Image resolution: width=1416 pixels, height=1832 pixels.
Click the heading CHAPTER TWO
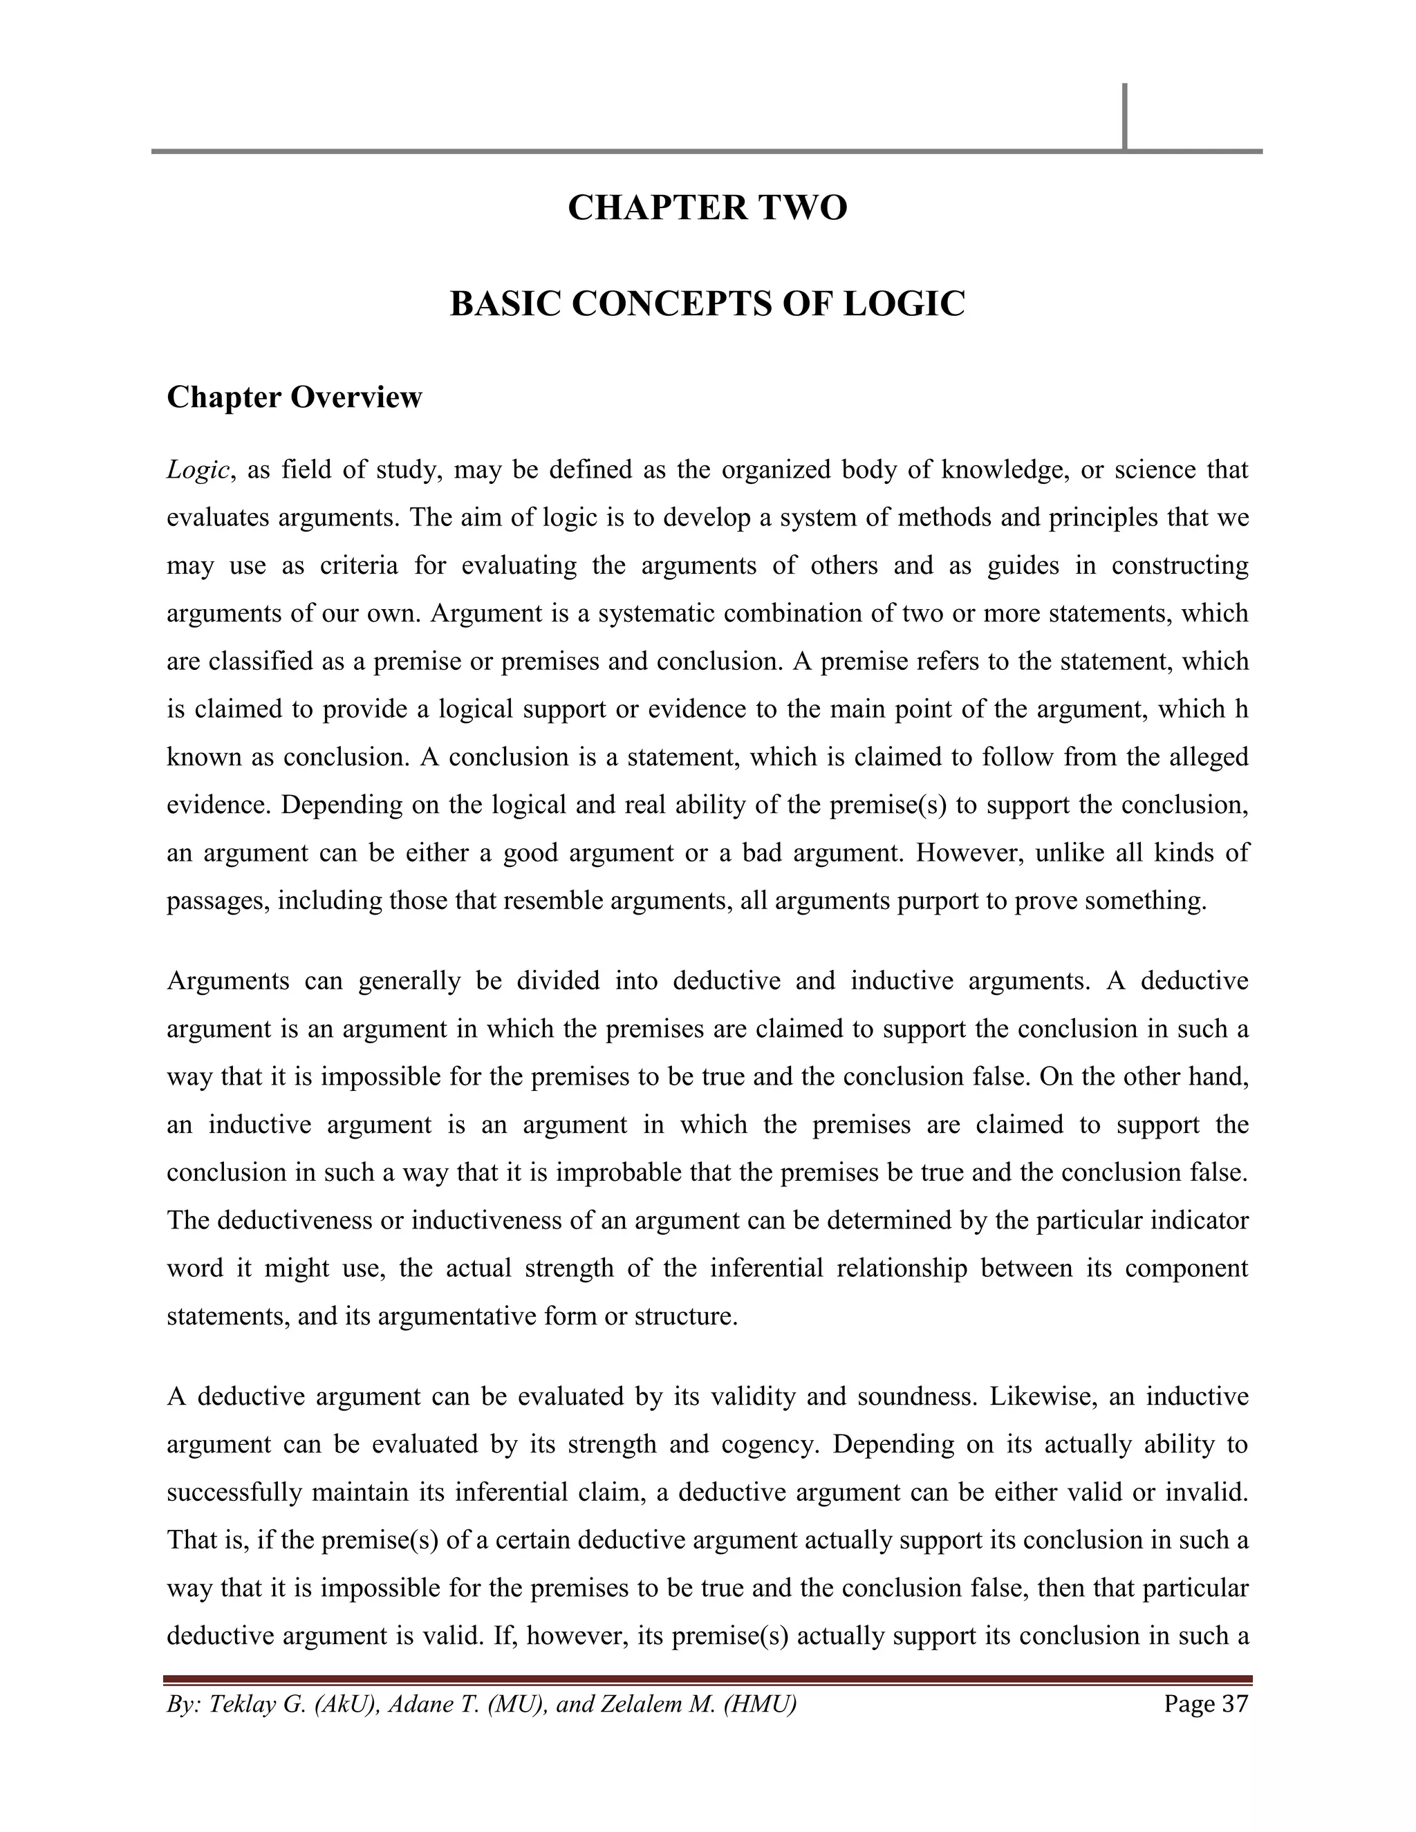707,207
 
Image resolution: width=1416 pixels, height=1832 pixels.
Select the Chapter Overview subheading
295,397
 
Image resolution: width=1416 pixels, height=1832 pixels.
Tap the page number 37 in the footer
1234,1703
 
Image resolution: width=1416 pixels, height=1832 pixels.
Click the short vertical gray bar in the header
1124,117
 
